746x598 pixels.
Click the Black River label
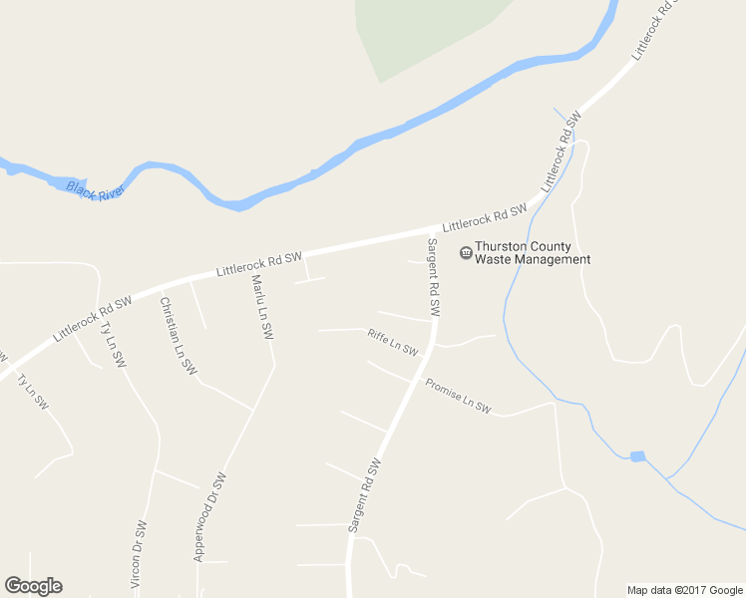point(94,189)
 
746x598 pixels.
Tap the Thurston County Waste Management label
point(532,252)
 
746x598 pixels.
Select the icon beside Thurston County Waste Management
point(465,252)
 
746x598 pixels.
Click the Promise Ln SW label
point(459,395)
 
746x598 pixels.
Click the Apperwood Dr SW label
point(210,516)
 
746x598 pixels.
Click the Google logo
point(33,586)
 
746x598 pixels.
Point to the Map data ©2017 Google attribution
point(685,590)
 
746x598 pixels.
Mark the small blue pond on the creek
point(637,456)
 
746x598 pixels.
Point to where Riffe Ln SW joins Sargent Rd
point(431,350)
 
